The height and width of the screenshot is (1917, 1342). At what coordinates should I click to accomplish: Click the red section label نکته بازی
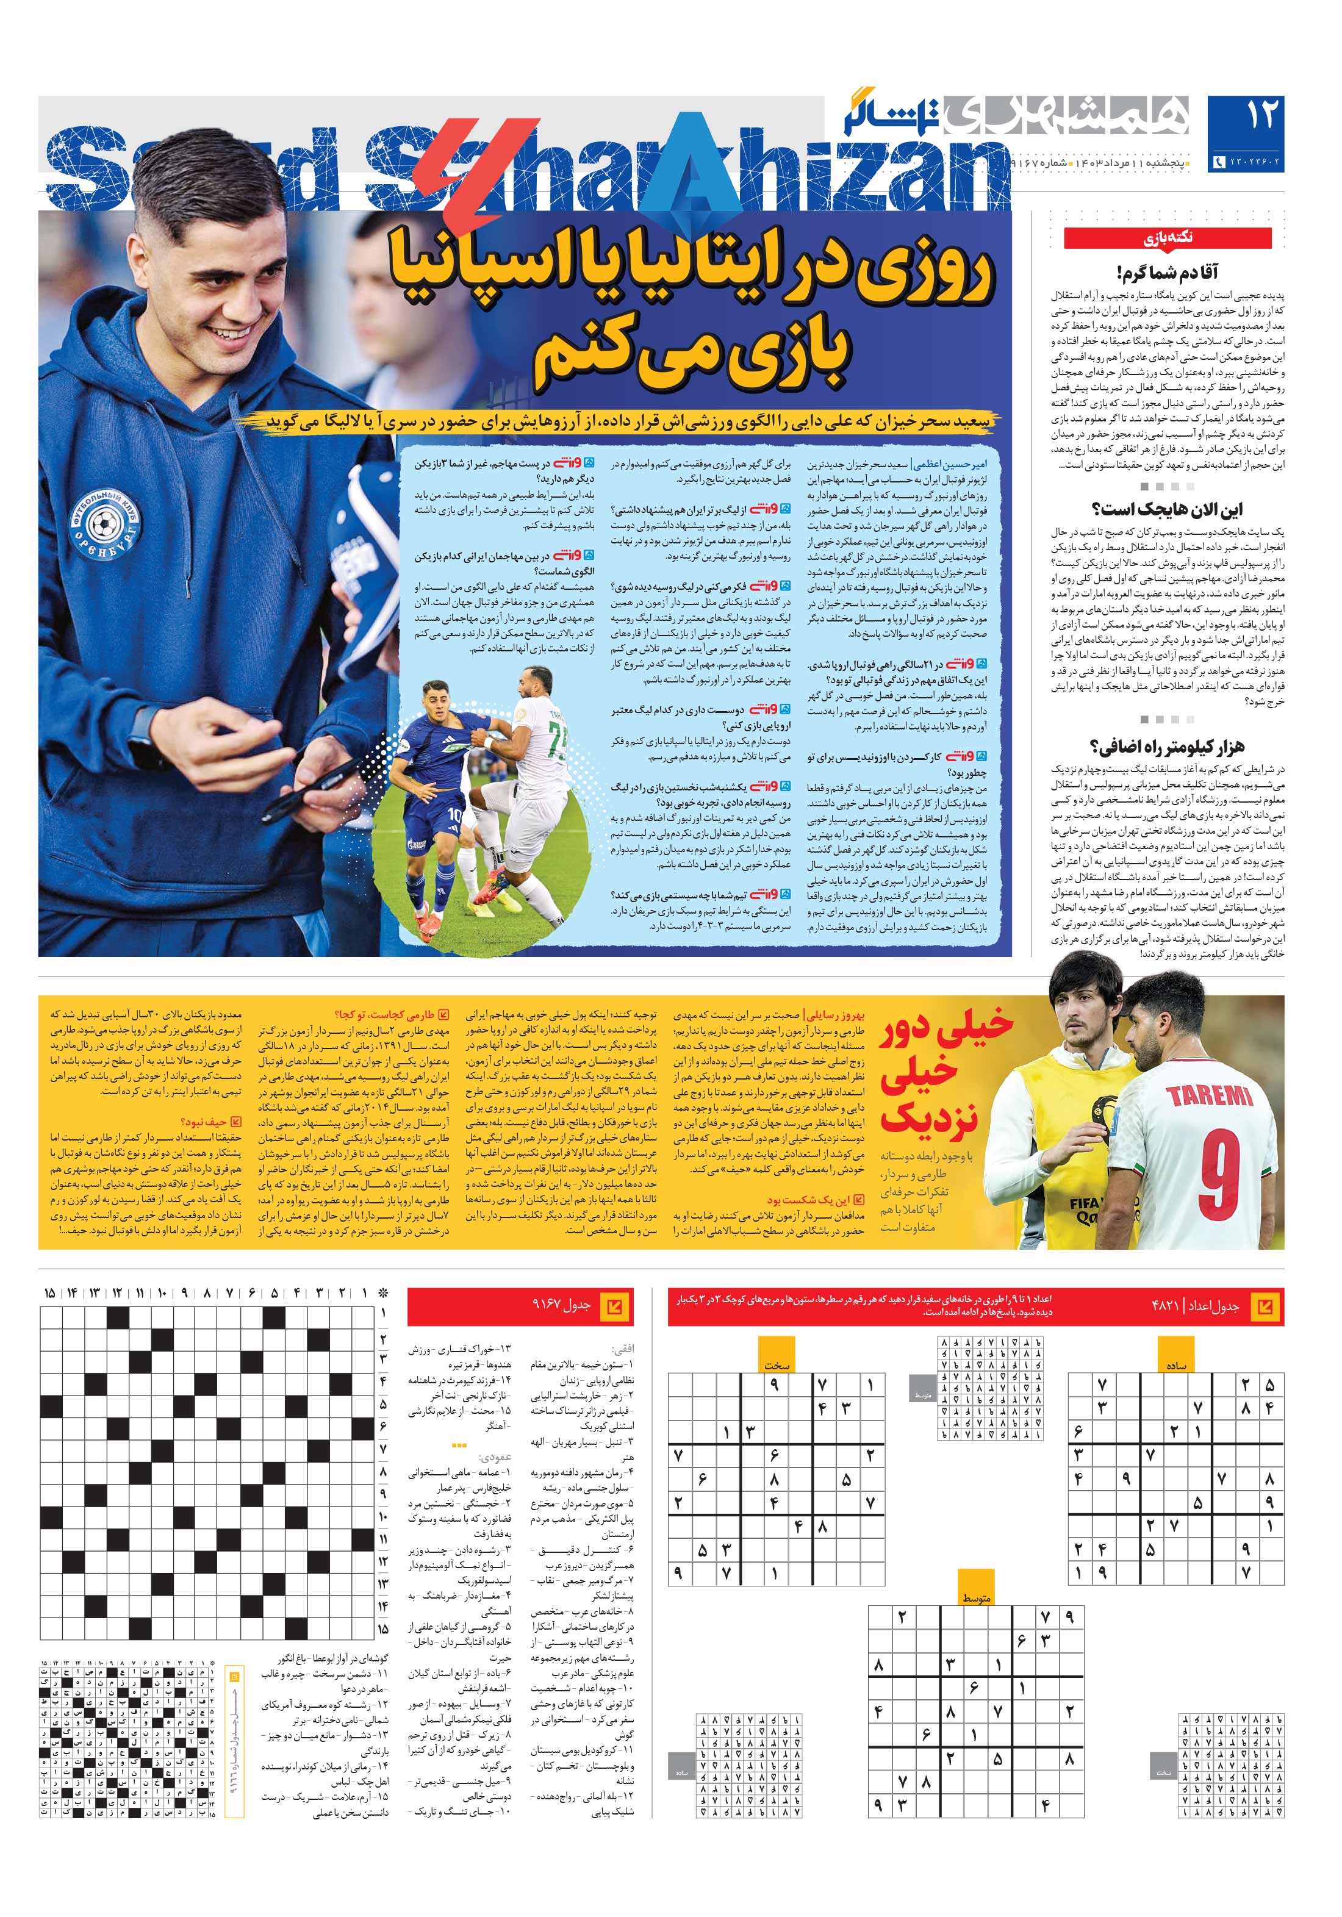click(x=1168, y=239)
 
